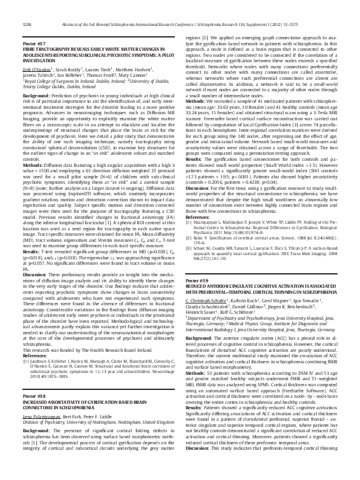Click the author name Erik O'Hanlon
pyautogui.click(x=36, y=71)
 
